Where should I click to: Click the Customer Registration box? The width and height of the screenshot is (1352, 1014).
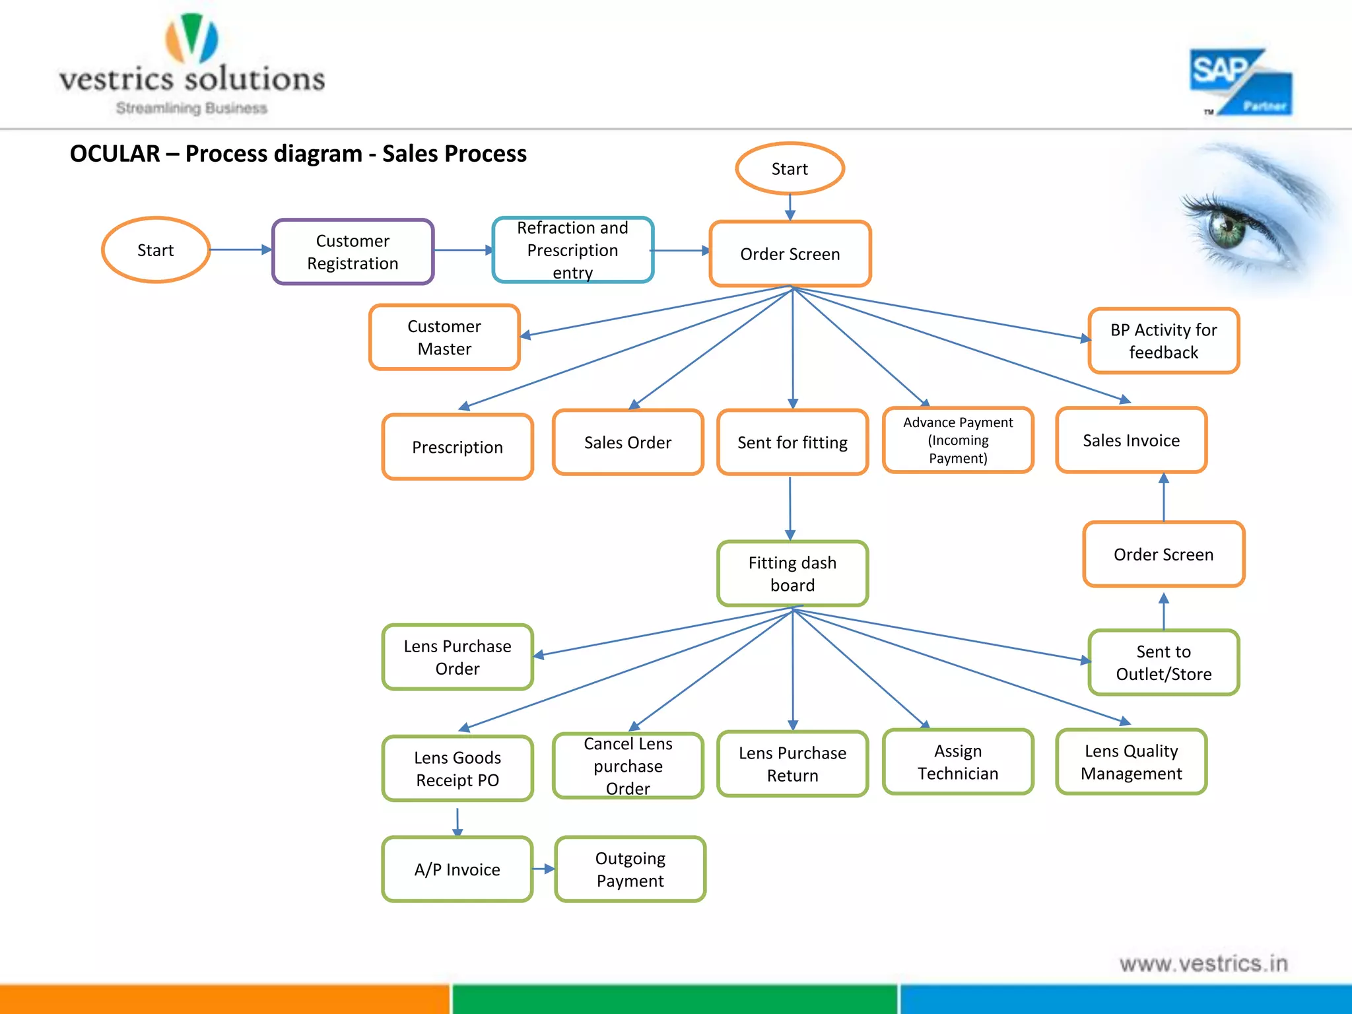353,252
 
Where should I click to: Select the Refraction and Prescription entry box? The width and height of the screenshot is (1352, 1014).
572,250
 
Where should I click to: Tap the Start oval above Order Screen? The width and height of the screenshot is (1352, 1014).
790,169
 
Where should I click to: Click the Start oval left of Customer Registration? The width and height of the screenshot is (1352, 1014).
156,250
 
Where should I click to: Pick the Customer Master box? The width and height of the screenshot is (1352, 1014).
444,337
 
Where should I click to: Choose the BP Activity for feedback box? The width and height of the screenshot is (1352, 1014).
1163,341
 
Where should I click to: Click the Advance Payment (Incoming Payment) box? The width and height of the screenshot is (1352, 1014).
958,440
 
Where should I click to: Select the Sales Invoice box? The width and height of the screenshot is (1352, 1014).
1131,440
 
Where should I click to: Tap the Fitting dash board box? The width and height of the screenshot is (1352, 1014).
792,574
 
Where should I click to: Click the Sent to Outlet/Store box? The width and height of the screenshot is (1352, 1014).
1163,663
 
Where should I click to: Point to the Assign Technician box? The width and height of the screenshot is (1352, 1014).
958,762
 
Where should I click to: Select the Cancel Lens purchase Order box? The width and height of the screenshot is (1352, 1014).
628,766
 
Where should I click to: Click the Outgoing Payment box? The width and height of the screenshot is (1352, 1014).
630,869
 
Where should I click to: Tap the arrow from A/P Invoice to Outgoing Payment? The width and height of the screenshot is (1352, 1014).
544,869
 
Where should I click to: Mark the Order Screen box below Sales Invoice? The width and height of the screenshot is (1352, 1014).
1163,555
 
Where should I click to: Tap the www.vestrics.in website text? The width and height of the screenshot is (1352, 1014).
1203,964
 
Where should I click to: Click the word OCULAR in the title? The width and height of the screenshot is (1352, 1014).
115,154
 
